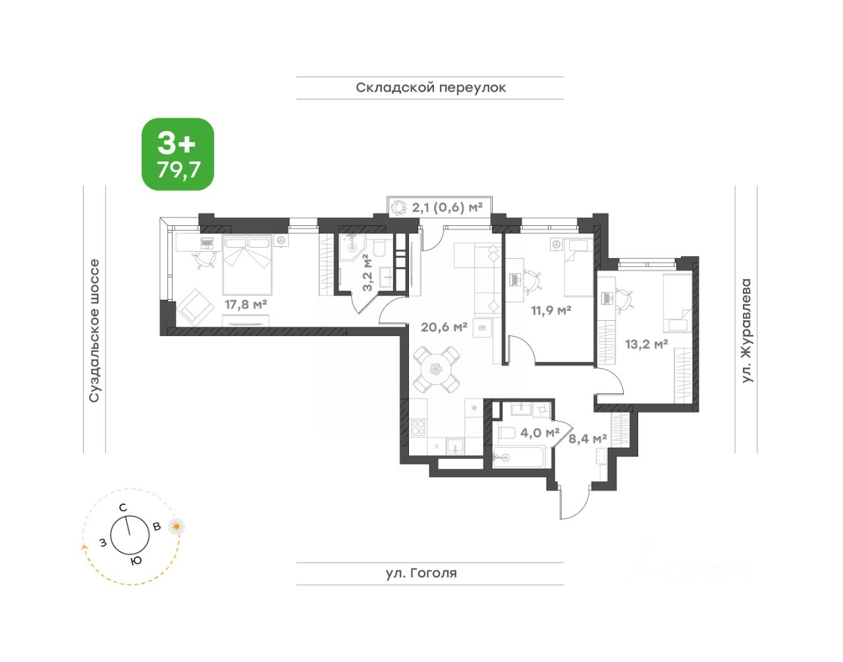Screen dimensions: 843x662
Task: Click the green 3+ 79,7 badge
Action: click(177, 154)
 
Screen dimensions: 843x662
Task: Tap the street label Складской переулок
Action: click(431, 88)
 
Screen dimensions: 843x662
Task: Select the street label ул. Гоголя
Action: click(421, 573)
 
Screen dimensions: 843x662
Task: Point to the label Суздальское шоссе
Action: click(94, 331)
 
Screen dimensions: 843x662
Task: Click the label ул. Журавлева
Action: click(746, 331)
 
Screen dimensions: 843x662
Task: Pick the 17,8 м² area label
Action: click(246, 304)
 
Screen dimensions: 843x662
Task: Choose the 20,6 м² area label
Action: click(444, 327)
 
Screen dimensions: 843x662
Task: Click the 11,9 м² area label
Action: click(551, 311)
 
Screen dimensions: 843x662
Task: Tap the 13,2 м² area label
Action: click(646, 344)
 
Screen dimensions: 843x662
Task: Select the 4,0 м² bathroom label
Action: click(539, 433)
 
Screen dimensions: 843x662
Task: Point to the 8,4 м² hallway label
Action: click(587, 439)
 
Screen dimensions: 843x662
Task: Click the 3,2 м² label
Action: click(367, 272)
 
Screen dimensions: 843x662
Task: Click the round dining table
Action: click(437, 369)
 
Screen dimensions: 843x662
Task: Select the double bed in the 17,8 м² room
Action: click(247, 265)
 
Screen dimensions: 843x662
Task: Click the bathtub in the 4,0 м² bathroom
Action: click(519, 458)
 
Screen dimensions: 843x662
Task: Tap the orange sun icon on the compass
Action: click(177, 527)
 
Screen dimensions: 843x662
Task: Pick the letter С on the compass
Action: click(123, 508)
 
